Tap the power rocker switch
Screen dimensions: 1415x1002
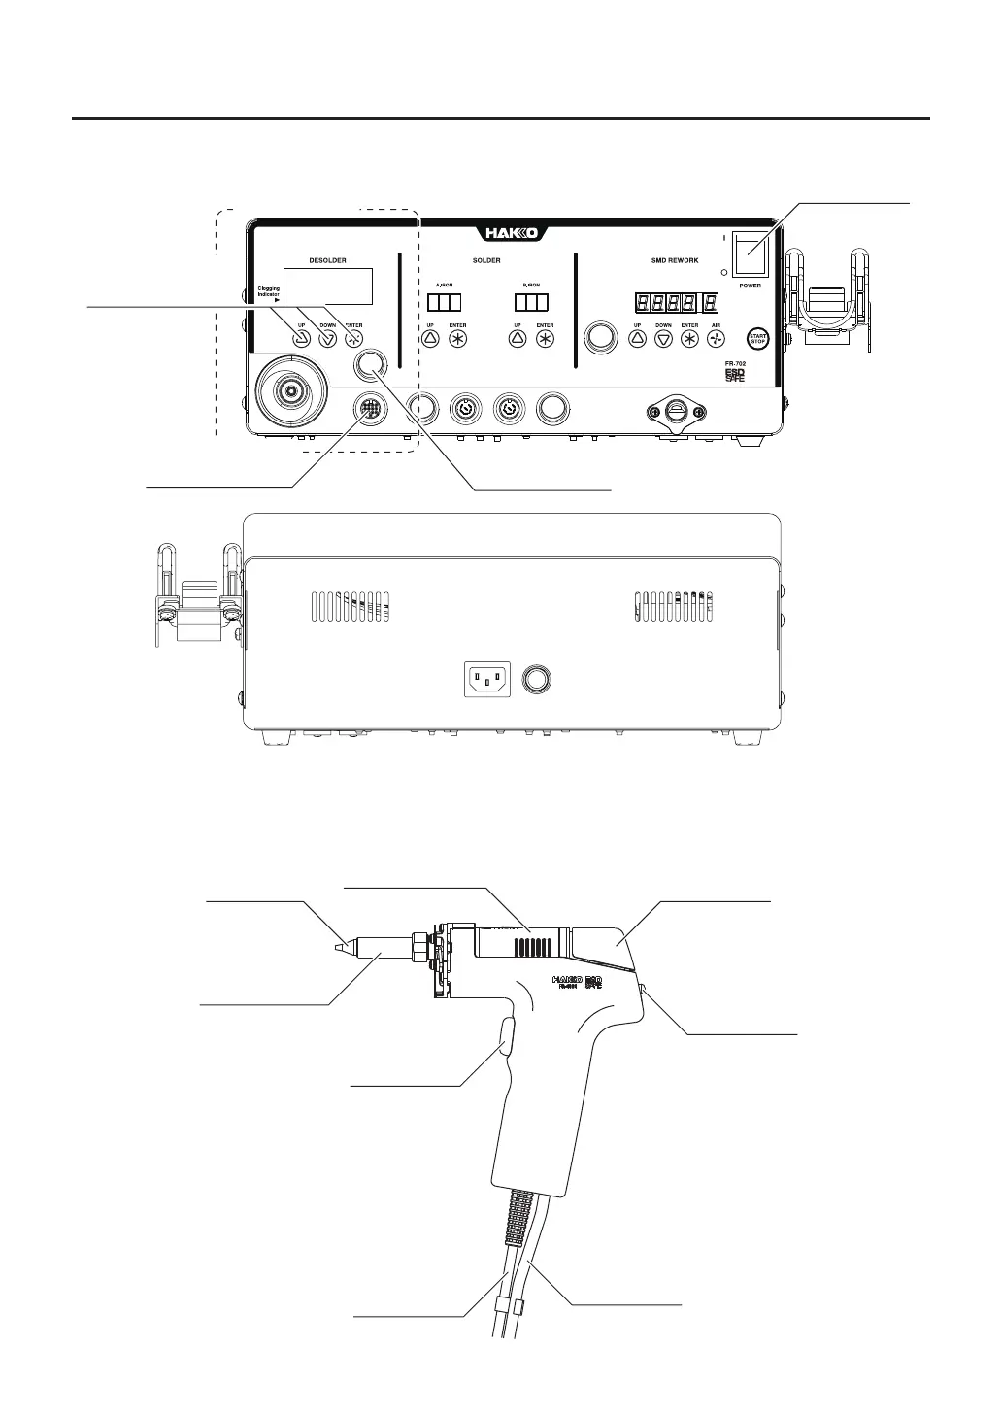pyautogui.click(x=749, y=254)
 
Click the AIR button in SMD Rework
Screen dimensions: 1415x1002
pyautogui.click(x=716, y=339)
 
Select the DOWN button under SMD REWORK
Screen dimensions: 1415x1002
pyautogui.click(x=663, y=339)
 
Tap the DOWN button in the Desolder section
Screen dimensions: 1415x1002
pyautogui.click(x=327, y=339)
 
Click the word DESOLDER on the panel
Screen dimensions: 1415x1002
pyautogui.click(x=327, y=260)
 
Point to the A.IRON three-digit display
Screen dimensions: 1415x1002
pyautogui.click(x=443, y=302)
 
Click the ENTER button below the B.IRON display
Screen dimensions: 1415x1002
pyautogui.click(x=545, y=339)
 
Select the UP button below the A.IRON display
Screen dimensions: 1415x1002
pyautogui.click(x=431, y=339)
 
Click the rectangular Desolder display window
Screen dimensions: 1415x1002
pyautogui.click(x=327, y=286)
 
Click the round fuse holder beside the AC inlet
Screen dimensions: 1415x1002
pyautogui.click(x=535, y=677)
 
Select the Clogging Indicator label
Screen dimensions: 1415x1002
pyautogui.click(x=268, y=292)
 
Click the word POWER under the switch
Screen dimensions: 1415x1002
pyautogui.click(x=750, y=286)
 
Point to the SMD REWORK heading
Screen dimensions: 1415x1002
pyautogui.click(x=675, y=260)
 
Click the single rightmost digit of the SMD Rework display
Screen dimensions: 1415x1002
pyautogui.click(x=712, y=302)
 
